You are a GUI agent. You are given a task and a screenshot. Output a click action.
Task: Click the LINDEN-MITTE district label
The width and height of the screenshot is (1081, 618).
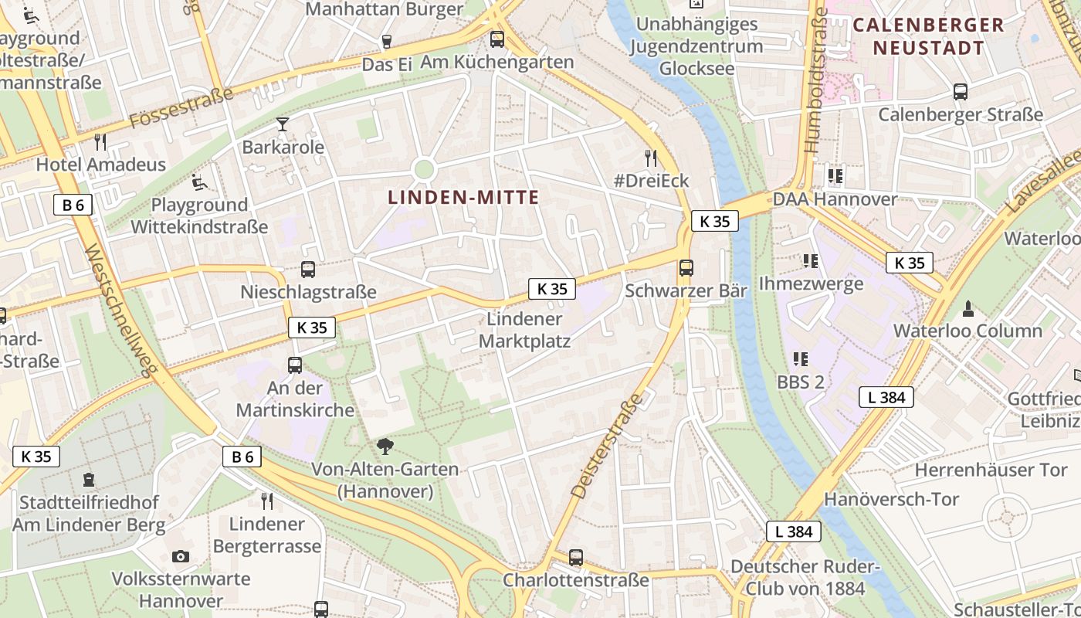pos(463,197)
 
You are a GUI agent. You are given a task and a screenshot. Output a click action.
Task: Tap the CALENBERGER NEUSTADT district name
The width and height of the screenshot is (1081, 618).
pos(929,36)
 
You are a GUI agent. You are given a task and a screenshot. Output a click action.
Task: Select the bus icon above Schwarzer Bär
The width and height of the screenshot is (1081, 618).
pos(686,268)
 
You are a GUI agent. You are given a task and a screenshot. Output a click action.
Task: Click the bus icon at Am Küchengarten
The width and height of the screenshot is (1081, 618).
pos(497,39)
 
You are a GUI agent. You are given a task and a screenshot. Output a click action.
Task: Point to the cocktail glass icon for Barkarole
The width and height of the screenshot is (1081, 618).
pos(283,124)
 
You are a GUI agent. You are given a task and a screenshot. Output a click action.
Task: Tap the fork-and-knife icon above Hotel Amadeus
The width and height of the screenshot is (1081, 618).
pos(100,141)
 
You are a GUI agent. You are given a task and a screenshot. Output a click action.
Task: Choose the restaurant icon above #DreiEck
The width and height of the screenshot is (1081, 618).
pos(651,158)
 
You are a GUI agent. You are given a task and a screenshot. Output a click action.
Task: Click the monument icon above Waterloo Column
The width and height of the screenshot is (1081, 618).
pos(967,309)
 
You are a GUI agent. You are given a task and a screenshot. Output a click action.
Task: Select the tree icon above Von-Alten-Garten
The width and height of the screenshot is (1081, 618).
pos(384,446)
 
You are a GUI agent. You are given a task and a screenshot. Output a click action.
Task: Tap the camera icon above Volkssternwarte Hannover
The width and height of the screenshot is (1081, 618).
pos(180,556)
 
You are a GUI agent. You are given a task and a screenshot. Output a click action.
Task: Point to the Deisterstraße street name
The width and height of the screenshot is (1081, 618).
pos(607,446)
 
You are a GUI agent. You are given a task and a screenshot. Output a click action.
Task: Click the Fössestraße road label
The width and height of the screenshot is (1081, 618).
pos(182,109)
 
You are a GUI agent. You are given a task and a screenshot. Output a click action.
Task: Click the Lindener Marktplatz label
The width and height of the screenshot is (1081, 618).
pos(525,330)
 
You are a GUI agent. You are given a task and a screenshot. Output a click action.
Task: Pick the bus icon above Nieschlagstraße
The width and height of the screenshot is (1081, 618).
pos(307,270)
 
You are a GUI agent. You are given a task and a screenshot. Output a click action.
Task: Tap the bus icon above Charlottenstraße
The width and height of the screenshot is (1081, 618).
pos(575,557)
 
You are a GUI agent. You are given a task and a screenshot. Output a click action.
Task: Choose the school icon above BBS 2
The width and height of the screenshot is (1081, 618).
pos(800,359)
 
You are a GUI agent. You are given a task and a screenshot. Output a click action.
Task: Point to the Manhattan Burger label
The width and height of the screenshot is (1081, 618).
pos(385,9)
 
